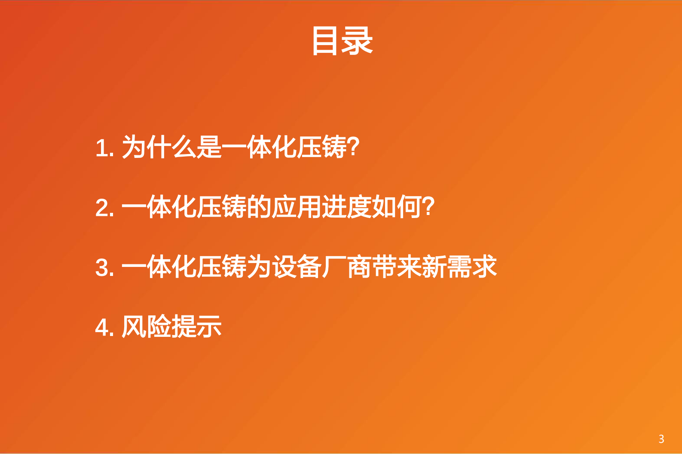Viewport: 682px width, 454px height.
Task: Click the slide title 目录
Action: click(342, 41)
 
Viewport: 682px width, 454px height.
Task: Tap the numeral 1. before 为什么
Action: click(104, 148)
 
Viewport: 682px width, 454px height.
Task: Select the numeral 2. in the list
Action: click(104, 208)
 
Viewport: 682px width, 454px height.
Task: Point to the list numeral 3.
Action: click(104, 267)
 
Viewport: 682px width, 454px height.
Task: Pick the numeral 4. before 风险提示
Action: click(104, 327)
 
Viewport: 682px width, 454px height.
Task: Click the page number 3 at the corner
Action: click(661, 439)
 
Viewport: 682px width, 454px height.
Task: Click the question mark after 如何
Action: click(428, 207)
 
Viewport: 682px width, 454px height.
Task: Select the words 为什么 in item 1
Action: click(159, 147)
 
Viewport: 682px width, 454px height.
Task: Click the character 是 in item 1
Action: click(209, 147)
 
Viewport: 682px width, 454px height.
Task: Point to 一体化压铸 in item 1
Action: click(284, 147)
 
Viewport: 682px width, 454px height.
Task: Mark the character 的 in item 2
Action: click(259, 207)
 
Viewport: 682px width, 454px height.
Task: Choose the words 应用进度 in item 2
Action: click(321, 207)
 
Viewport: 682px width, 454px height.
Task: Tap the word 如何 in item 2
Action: click(397, 207)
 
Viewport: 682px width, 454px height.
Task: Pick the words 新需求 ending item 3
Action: click(459, 266)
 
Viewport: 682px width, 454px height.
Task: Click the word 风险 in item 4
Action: click(147, 326)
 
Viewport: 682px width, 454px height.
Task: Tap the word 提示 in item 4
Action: click(196, 326)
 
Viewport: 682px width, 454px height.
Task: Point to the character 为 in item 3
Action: click(259, 266)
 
